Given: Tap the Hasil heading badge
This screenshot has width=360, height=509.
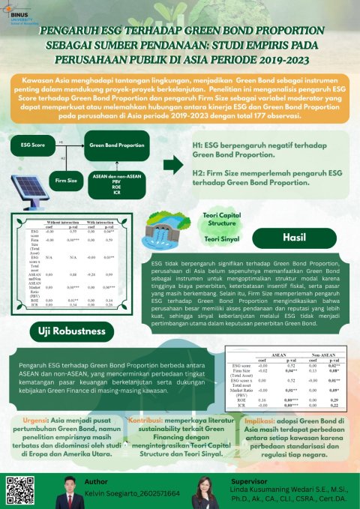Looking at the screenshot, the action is [x=293, y=236].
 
